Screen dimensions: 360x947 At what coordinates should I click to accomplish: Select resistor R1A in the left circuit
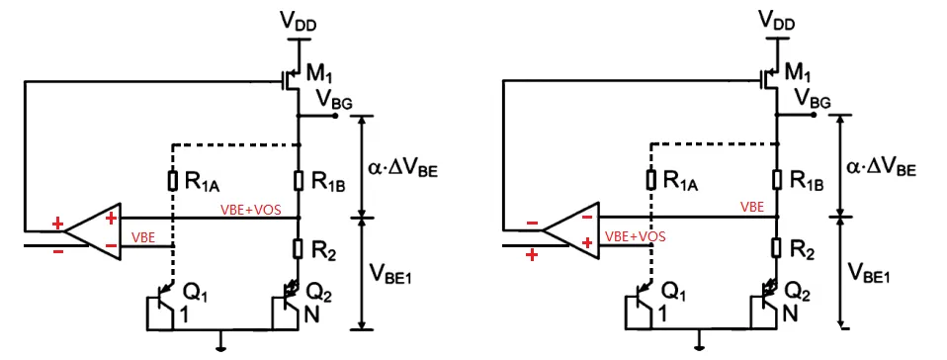[x=172, y=179]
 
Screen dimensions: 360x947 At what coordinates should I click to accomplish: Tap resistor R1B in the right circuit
[x=778, y=179]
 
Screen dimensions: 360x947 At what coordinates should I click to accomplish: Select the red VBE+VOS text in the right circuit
[x=635, y=237]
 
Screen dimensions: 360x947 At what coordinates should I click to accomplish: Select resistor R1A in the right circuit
[x=650, y=179]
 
